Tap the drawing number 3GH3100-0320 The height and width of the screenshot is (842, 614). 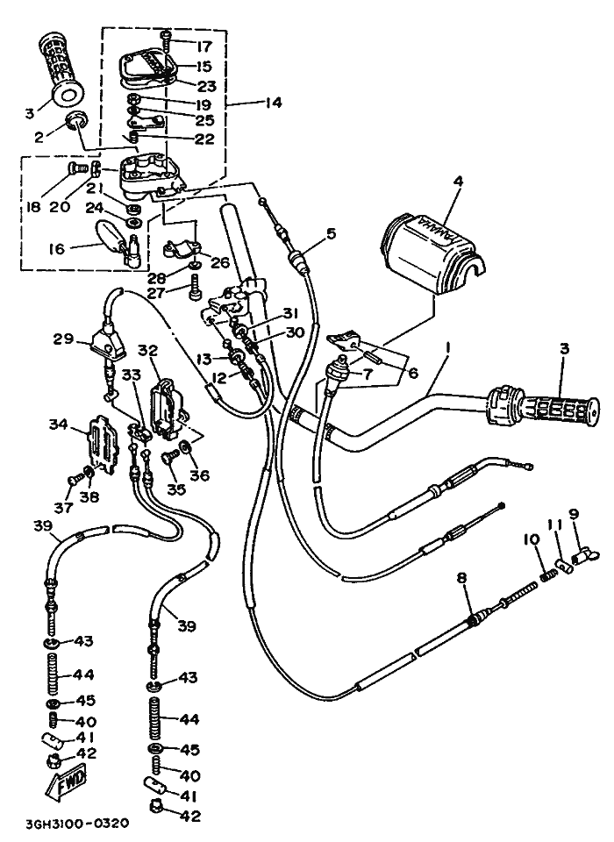[x=78, y=824]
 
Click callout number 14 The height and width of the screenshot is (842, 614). [x=272, y=103]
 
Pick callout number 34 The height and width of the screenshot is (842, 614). [x=58, y=425]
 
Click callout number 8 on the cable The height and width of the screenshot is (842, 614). [x=461, y=578]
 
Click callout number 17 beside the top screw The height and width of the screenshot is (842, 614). [x=204, y=46]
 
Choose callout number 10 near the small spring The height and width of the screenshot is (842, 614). [x=532, y=539]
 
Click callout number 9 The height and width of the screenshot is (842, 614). [x=574, y=514]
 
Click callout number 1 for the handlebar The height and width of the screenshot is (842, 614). [x=447, y=348]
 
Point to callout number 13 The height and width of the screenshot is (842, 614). [x=203, y=360]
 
